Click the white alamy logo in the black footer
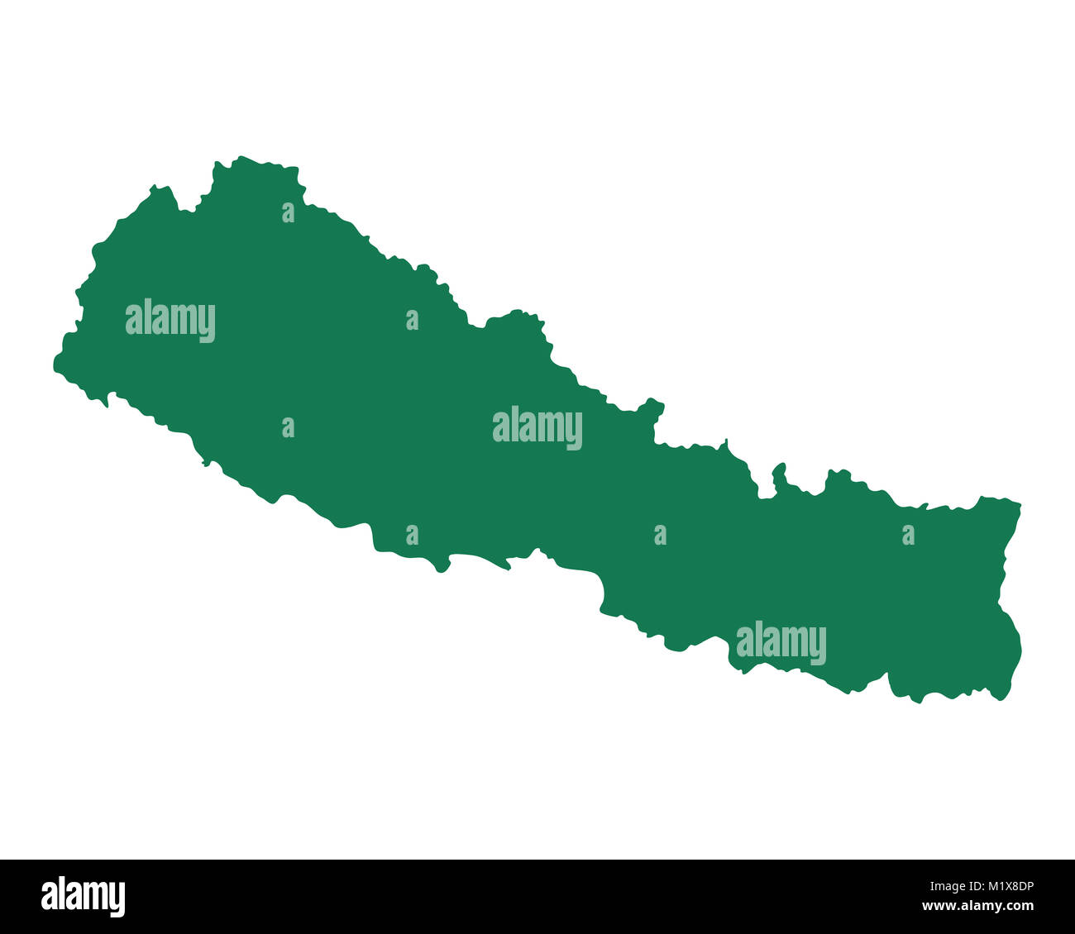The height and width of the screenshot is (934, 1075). (x=83, y=897)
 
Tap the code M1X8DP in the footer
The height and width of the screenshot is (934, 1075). (x=1003, y=887)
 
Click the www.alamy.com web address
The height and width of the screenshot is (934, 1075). (x=978, y=906)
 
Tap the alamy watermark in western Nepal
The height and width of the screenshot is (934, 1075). (x=170, y=321)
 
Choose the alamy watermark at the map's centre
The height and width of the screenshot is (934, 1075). (x=537, y=428)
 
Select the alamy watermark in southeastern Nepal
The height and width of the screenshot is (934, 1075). (x=781, y=643)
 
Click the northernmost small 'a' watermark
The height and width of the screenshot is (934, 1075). (x=288, y=213)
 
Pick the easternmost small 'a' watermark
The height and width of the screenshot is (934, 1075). (x=908, y=536)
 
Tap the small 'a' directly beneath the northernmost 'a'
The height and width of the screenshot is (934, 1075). (x=288, y=428)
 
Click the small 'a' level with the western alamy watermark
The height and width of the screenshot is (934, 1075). (x=412, y=321)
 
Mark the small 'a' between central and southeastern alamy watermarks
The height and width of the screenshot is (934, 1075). (x=660, y=536)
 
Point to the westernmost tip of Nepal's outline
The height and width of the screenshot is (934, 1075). (x=55, y=364)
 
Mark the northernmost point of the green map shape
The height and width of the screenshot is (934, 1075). (x=241, y=157)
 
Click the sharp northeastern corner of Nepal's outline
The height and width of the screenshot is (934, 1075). (x=1020, y=503)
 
